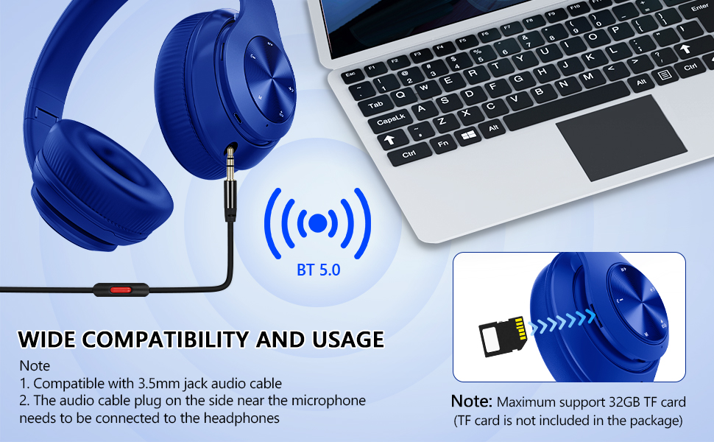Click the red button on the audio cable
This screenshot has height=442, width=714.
[x=121, y=290]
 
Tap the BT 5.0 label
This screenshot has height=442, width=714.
[x=318, y=270]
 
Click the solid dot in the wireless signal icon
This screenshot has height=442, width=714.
[x=318, y=222]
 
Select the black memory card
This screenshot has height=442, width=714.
[x=503, y=337]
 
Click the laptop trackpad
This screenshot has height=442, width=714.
[x=621, y=138]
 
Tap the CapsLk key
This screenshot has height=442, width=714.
[x=390, y=120]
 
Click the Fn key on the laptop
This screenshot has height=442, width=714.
[x=442, y=144]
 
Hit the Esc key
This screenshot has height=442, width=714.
[x=350, y=74]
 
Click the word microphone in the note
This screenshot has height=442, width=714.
[x=328, y=401]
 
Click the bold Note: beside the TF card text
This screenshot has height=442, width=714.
[x=472, y=401]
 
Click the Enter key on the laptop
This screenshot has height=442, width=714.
[x=699, y=8]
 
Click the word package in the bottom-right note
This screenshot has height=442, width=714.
[x=654, y=420]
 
